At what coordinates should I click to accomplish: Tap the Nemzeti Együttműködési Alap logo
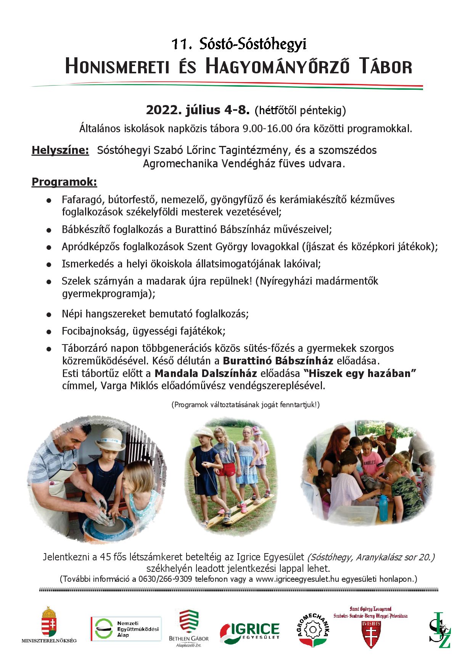126,629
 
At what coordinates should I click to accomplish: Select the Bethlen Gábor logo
189,626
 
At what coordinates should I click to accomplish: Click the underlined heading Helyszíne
60,150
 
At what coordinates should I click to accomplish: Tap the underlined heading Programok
64,182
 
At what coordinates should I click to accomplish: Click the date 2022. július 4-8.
198,110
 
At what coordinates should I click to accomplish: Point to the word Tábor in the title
386,66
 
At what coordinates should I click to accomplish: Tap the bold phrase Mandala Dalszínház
206,373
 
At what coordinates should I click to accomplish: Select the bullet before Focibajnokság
49,332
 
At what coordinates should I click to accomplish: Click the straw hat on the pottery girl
111,440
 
